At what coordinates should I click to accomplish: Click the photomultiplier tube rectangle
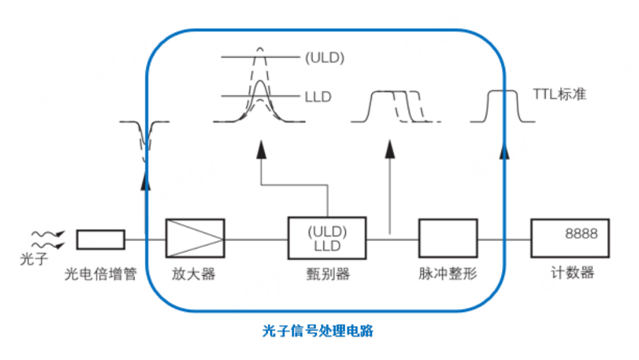click(x=101, y=239)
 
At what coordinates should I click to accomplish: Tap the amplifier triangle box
click(x=195, y=239)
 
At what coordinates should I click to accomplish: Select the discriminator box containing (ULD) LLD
click(x=327, y=239)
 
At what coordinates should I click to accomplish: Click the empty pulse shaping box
click(x=448, y=239)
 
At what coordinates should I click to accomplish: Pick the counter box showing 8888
click(x=569, y=239)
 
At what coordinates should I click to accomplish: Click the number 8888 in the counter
click(x=581, y=233)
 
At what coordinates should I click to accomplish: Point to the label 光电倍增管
click(x=101, y=274)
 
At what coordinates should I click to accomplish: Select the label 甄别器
click(x=328, y=274)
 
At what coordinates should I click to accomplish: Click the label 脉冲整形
click(x=448, y=274)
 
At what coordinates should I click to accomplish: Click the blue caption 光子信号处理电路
click(x=317, y=331)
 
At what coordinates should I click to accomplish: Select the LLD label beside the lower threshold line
click(x=317, y=96)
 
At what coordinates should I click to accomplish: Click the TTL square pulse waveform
click(x=503, y=106)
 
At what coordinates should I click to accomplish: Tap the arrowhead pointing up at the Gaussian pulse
click(x=260, y=148)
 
